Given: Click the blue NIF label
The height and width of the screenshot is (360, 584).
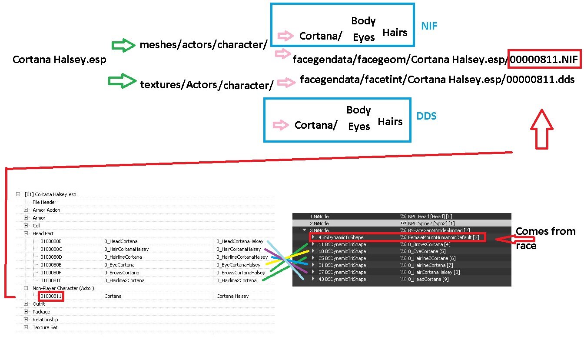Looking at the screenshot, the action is [429, 26].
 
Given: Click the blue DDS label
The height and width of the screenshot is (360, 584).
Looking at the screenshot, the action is [426, 116].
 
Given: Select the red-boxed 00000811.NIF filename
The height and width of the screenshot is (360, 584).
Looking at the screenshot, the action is [544, 59].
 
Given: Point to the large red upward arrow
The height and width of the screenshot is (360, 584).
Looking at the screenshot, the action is [542, 129].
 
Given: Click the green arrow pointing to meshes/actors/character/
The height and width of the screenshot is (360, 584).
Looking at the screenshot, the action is [123, 45].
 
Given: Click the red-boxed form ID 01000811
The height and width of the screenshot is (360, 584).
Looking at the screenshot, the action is [51, 296].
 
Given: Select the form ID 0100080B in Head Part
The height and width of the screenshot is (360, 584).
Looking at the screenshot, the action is [51, 241].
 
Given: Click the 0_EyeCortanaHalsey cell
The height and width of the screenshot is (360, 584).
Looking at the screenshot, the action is [238, 265].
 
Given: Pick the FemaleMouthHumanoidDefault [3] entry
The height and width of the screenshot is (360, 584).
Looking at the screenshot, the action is [443, 237].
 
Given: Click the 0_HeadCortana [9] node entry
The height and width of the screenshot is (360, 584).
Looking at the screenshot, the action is [428, 279].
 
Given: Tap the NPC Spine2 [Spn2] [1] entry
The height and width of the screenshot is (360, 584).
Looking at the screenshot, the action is [431, 223].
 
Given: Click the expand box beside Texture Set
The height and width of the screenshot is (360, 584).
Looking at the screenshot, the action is [26, 327].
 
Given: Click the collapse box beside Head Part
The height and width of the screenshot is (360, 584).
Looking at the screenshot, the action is [26, 233].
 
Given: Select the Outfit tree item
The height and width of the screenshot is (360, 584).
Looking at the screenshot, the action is [39, 304].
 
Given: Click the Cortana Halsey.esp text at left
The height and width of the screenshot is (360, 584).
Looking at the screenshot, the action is [60, 60].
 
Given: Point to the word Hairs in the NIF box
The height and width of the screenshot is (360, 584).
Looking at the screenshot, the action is [395, 33].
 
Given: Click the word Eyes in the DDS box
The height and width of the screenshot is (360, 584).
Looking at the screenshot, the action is [359, 127].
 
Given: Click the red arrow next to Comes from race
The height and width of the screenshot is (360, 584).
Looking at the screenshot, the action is [515, 239].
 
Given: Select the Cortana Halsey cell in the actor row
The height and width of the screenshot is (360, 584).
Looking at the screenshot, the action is [232, 296].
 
